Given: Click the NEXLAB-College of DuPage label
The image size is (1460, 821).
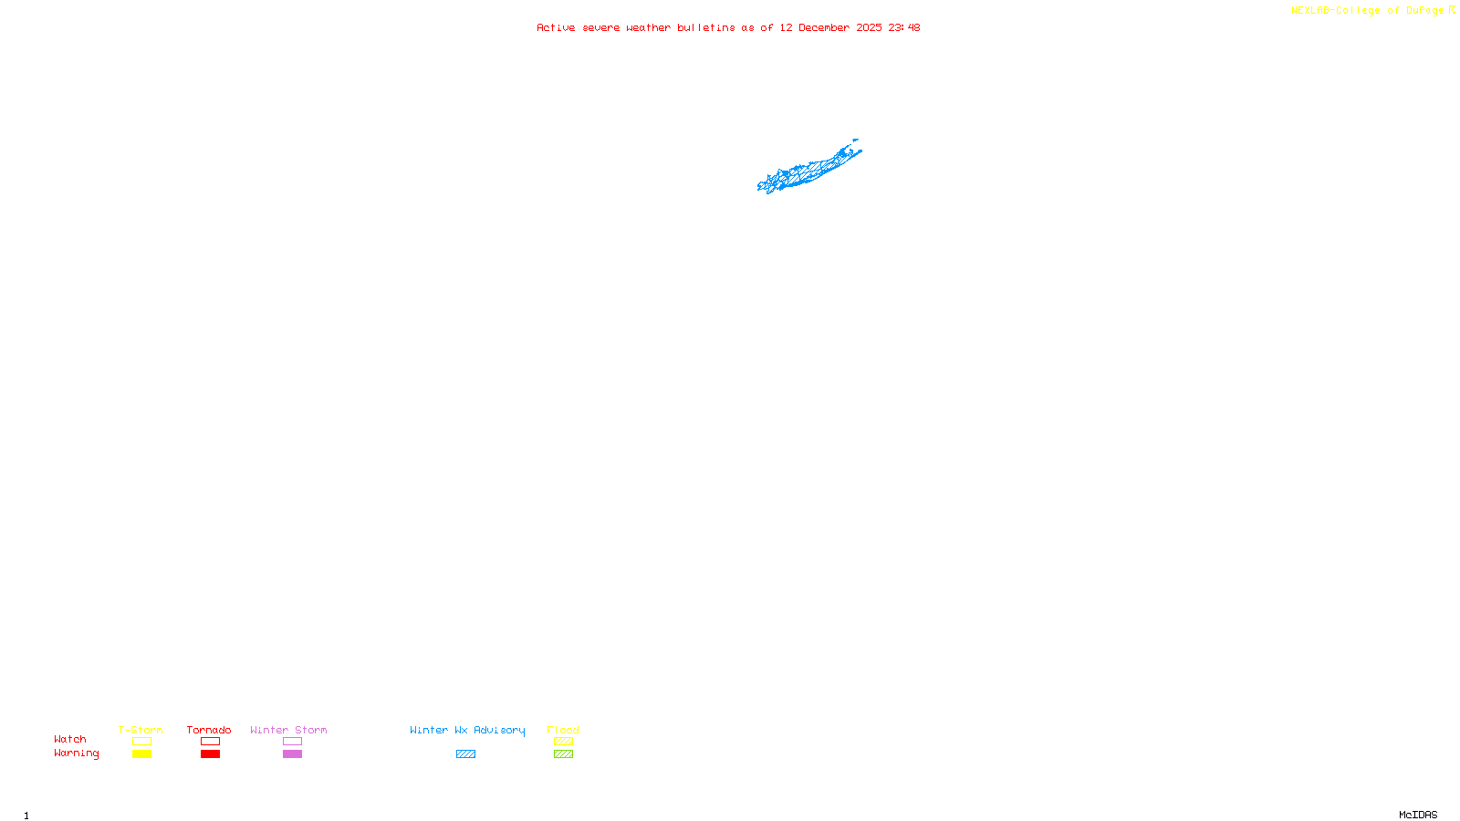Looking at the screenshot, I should pyautogui.click(x=1367, y=11).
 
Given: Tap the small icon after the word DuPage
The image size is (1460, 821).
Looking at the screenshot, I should pyautogui.click(x=1452, y=10).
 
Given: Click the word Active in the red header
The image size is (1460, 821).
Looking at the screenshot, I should pyautogui.click(x=556, y=27).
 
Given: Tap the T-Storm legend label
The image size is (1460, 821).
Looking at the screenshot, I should pyautogui.click(x=141, y=730).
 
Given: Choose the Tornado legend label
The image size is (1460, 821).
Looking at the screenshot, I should pyautogui.click(x=209, y=730).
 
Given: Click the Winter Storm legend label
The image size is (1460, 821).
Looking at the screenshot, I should pyautogui.click(x=288, y=730).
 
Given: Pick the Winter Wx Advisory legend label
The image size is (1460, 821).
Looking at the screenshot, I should pyautogui.click(x=467, y=730).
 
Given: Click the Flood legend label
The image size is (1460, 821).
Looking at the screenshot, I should pyautogui.click(x=563, y=730).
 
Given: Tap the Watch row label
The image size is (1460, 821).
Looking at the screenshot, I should pyautogui.click(x=70, y=739).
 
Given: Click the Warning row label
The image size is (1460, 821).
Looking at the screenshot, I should pyautogui.click(x=76, y=753).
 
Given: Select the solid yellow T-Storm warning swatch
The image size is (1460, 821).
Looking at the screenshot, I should pyautogui.click(x=141, y=754).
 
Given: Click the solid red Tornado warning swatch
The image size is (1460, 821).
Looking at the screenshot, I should pyautogui.click(x=210, y=754).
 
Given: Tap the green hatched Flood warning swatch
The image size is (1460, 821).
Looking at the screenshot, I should pyautogui.click(x=563, y=754).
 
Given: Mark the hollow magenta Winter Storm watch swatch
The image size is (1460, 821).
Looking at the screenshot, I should pyautogui.click(x=292, y=742).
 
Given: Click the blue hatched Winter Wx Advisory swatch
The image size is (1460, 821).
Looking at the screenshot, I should pyautogui.click(x=465, y=754).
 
